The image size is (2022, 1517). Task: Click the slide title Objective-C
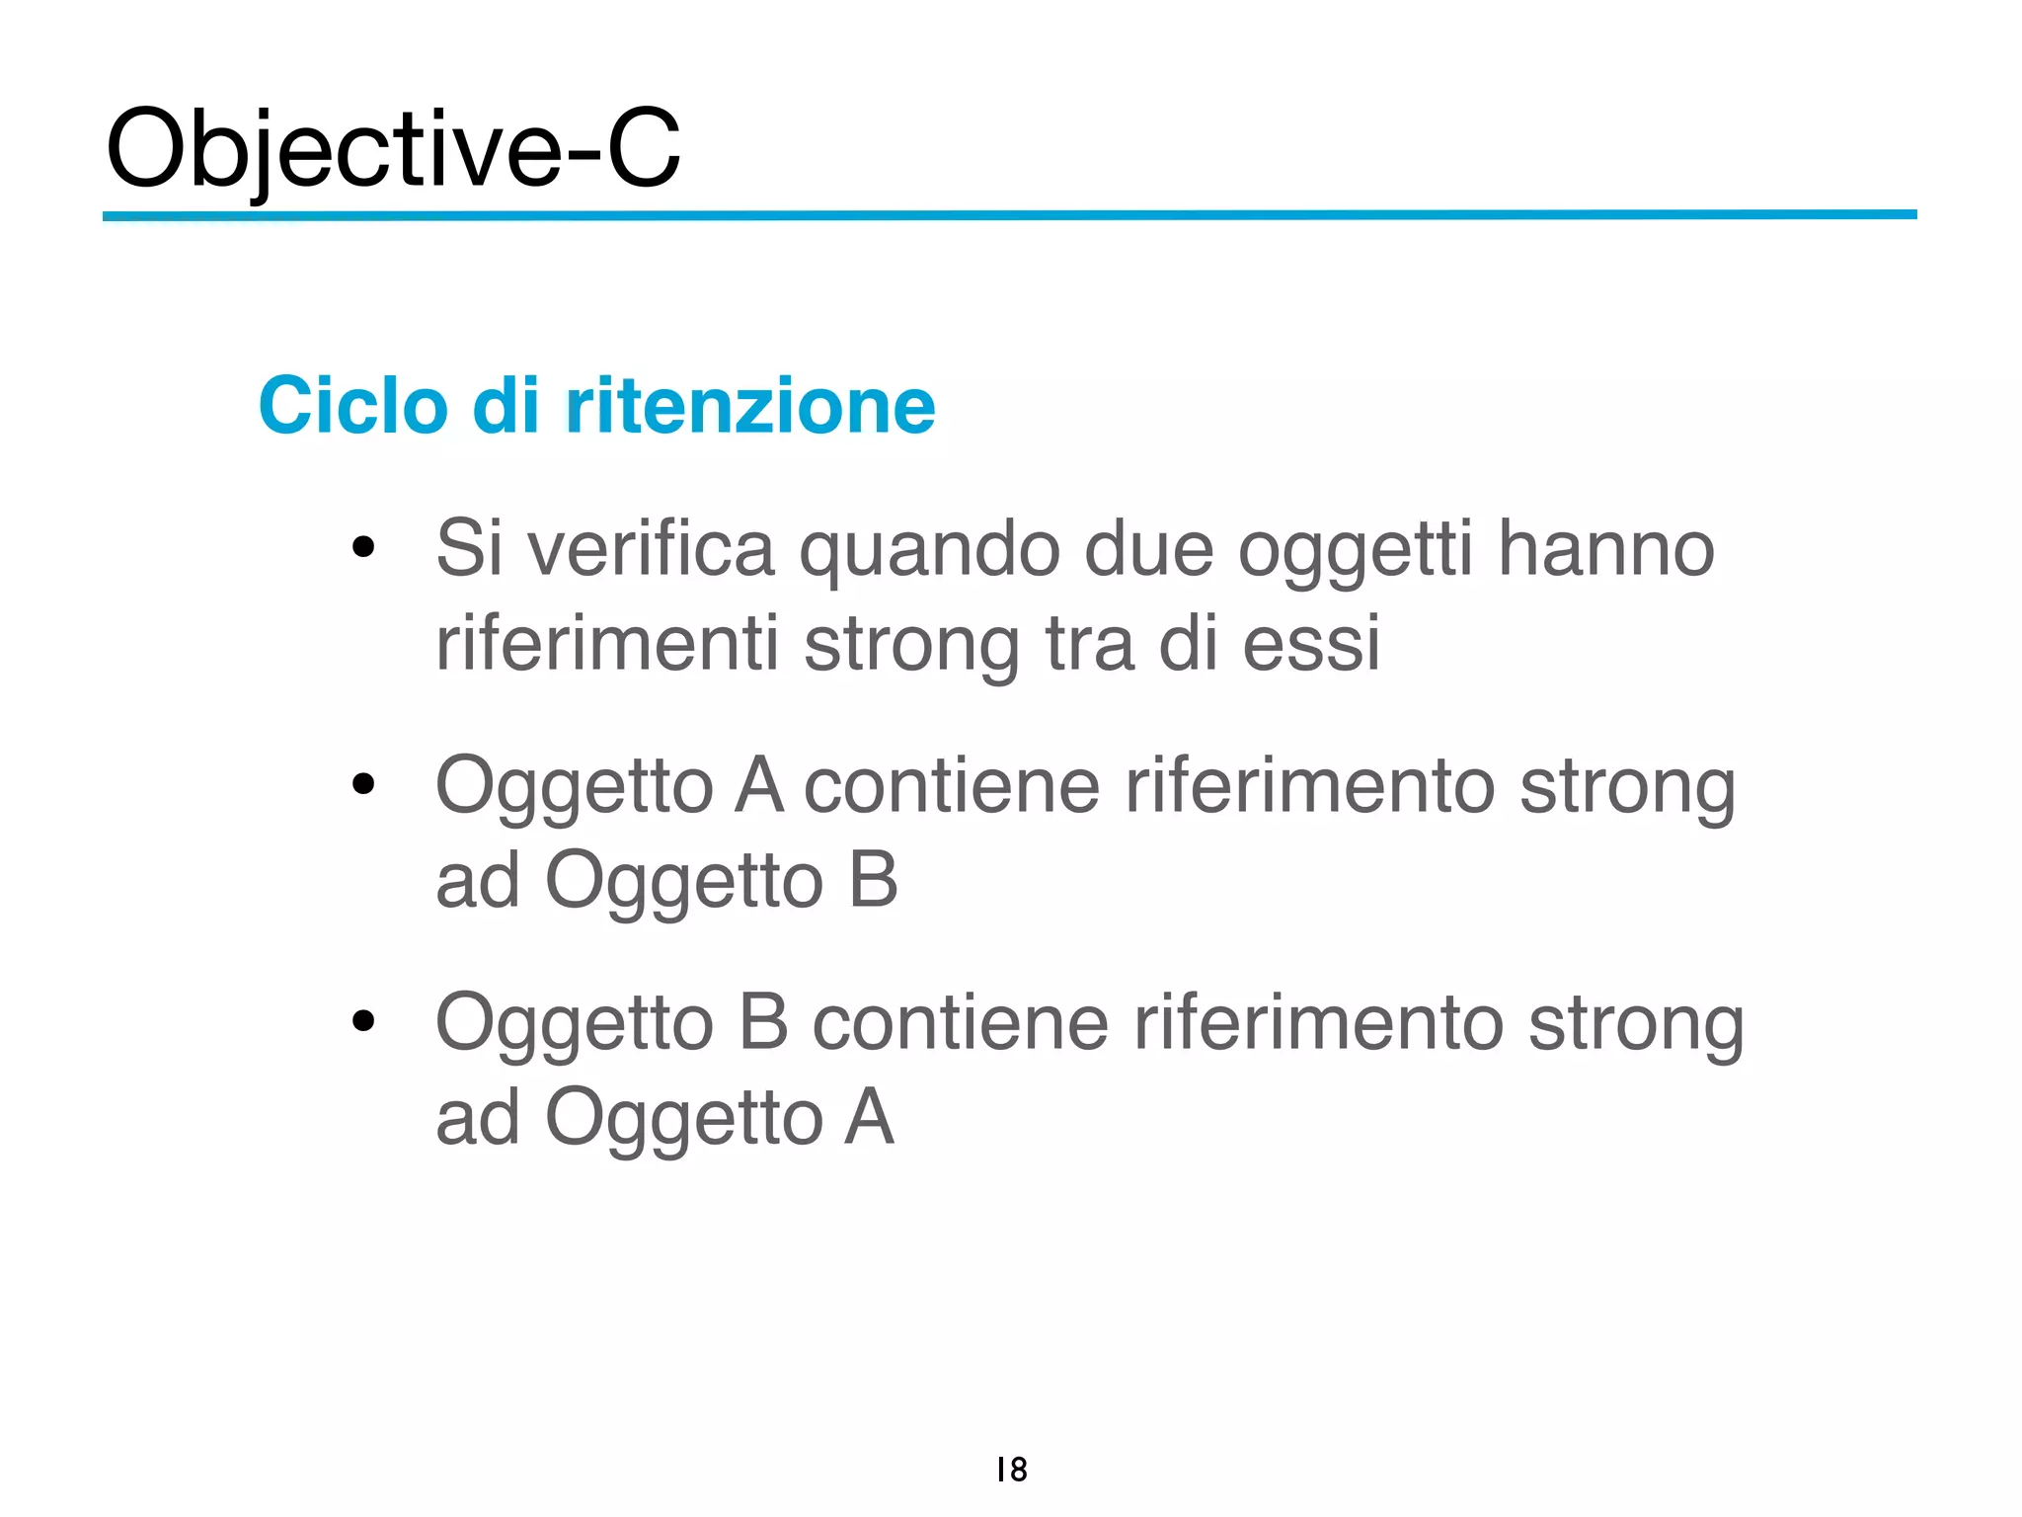[393, 148]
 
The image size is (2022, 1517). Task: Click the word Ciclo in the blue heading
[352, 405]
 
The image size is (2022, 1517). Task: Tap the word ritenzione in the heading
[750, 405]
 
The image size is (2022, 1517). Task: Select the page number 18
[1011, 1470]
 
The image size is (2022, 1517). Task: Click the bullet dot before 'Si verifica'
[363, 547]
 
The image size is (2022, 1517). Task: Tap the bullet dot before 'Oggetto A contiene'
[363, 784]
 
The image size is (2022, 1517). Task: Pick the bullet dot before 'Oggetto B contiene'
[363, 1020]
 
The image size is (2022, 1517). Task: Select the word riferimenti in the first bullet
[607, 643]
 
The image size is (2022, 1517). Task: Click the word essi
[1310, 643]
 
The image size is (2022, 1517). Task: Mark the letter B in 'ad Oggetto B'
[873, 879]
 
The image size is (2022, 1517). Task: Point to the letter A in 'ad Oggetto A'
[869, 1116]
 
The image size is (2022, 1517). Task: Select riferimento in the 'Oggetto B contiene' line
[1318, 1022]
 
